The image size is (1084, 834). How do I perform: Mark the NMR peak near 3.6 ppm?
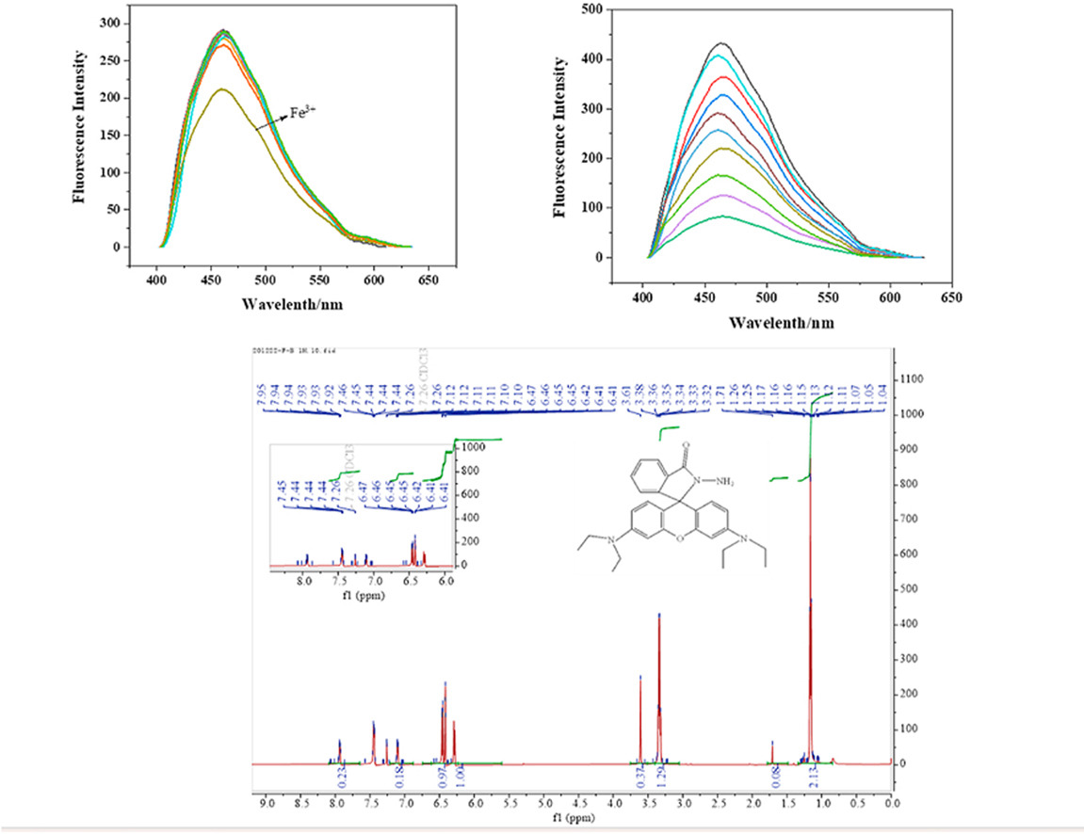(x=640, y=677)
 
